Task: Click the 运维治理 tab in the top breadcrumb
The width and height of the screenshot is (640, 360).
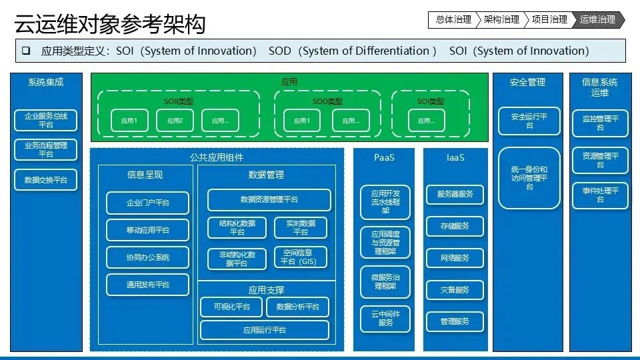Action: (x=598, y=20)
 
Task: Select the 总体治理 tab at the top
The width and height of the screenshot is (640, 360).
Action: (x=453, y=20)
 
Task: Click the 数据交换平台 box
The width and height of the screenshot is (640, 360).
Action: (x=46, y=180)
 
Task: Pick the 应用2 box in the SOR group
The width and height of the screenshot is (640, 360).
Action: (x=175, y=121)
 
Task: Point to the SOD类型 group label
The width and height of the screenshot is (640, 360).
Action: (x=327, y=101)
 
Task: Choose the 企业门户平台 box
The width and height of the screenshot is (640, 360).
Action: (x=148, y=203)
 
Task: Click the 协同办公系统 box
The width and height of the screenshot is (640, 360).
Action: (x=148, y=257)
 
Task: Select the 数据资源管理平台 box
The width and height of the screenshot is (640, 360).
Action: (x=269, y=199)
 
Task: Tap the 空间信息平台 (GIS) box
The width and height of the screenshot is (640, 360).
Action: (x=301, y=257)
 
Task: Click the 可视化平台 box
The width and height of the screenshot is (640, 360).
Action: (x=231, y=307)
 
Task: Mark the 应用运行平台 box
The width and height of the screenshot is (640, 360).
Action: (x=265, y=330)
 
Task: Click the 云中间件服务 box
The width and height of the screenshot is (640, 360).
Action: (x=385, y=318)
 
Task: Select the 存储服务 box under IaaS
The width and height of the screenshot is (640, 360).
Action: (x=455, y=226)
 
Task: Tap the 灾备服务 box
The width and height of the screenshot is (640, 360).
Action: (x=455, y=290)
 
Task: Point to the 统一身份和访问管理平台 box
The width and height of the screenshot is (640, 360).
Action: (x=529, y=178)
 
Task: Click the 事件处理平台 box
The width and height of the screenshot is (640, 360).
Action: (x=600, y=195)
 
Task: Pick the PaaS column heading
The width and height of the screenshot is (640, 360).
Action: (x=384, y=158)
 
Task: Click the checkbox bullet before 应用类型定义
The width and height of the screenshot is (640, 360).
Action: (x=26, y=51)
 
